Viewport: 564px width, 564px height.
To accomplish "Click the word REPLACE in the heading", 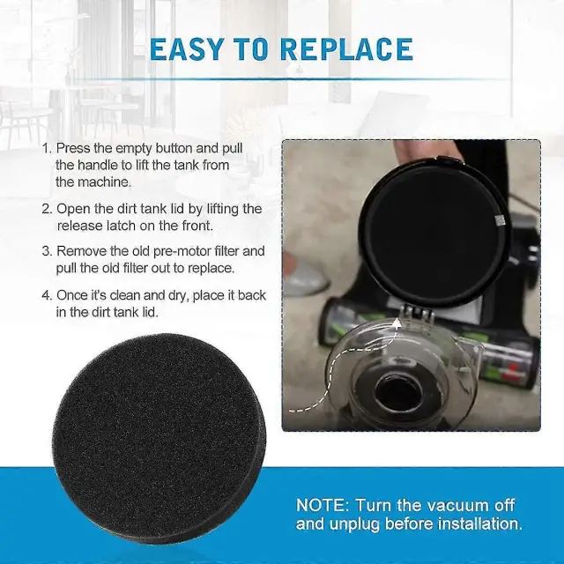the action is (346, 49).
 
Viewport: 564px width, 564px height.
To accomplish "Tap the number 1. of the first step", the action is (47, 148).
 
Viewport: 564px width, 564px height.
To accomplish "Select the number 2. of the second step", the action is (47, 209).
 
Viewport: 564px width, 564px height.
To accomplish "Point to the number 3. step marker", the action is (47, 251).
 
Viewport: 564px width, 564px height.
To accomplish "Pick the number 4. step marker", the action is (47, 295).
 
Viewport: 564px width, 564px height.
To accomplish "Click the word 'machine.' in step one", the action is (93, 182).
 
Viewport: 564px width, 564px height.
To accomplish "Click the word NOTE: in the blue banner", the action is (323, 505).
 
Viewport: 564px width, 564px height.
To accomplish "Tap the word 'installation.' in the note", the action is (479, 523).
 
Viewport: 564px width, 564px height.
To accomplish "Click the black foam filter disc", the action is (160, 437).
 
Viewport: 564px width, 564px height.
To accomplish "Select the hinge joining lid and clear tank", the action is (417, 312).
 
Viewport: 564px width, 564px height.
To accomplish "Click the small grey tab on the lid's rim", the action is (499, 220).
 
